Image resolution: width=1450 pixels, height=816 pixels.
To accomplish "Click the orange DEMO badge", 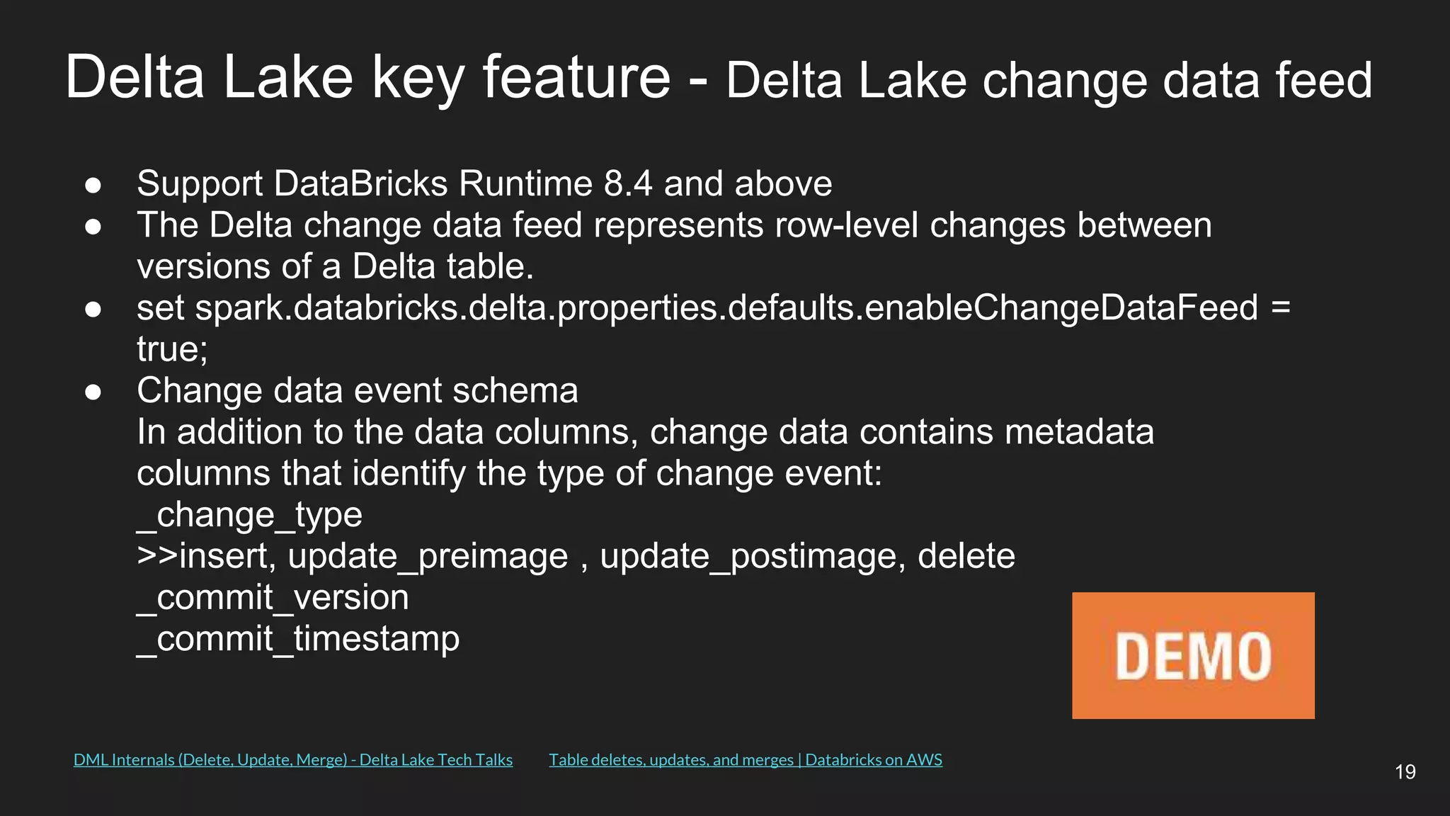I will (1193, 655).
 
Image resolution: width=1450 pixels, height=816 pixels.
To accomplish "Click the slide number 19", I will (1405, 771).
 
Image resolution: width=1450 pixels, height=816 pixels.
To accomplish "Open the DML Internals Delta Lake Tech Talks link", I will (292, 760).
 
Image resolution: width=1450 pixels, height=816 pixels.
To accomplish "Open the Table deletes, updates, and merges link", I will (745, 760).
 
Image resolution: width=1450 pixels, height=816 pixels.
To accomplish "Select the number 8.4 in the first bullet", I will (627, 183).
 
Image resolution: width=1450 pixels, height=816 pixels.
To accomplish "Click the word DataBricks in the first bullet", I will (361, 183).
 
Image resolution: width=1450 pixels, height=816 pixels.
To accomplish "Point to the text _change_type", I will (249, 515).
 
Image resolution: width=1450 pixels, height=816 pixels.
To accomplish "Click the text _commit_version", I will (273, 598).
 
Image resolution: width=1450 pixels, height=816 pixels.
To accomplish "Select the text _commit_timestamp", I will (298, 639).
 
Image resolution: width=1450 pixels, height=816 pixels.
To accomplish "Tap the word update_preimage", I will (428, 557).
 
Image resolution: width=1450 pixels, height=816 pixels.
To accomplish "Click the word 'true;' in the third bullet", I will (172, 349).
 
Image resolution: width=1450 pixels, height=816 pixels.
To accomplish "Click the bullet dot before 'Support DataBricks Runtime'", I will (93, 186).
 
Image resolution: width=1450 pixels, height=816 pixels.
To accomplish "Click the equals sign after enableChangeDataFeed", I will (1281, 308).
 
